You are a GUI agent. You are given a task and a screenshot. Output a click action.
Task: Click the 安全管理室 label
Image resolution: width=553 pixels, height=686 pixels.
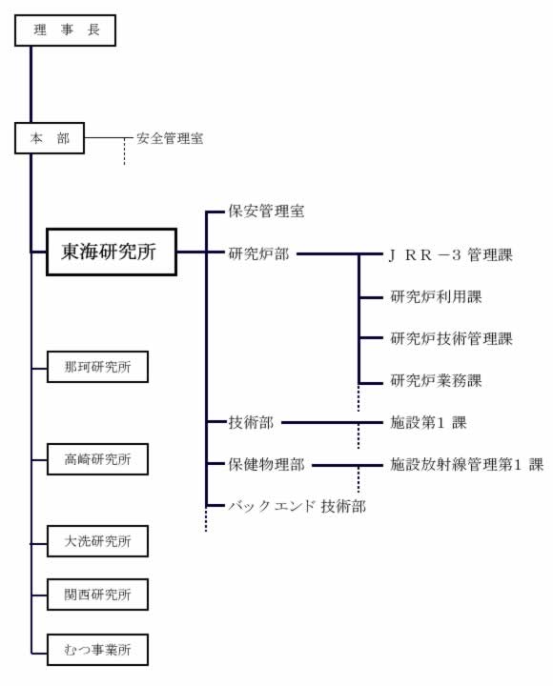point(170,139)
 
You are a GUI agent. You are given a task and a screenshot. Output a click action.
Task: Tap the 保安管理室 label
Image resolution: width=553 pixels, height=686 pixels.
point(266,212)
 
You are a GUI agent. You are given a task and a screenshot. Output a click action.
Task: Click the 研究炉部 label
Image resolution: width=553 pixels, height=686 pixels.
point(258,253)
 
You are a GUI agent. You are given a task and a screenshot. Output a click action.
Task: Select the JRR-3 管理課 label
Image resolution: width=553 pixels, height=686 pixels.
point(451,254)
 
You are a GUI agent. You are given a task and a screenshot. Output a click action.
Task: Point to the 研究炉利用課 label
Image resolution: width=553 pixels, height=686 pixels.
point(436,297)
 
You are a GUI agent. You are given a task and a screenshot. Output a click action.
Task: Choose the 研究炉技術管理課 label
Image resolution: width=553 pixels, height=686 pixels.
point(451,338)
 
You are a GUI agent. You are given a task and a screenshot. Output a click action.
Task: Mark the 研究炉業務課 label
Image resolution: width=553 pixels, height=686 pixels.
point(436,380)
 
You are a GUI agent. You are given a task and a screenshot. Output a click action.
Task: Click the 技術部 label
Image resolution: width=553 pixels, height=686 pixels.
point(251,423)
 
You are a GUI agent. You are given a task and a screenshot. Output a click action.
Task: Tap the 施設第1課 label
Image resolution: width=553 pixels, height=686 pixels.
point(429,423)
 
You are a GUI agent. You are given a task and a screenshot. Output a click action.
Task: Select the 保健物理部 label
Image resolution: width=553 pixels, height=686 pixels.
point(266,465)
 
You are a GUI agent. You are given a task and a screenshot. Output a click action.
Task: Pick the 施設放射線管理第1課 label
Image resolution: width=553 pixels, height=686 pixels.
point(467,465)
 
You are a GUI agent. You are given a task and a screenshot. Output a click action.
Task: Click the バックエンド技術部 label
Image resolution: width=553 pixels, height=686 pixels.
point(297,506)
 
